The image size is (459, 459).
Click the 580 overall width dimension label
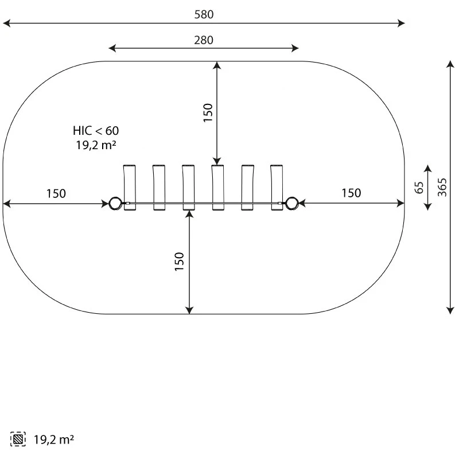(x=204, y=14)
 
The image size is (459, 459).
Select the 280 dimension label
(x=204, y=40)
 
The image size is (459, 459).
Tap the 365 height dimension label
(x=442, y=188)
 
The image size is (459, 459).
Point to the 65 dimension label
(x=419, y=188)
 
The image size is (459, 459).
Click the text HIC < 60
(x=96, y=131)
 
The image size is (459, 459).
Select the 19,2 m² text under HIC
(x=96, y=145)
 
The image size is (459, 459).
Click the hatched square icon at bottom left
(x=18, y=439)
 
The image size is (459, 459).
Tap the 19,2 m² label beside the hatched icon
(x=54, y=439)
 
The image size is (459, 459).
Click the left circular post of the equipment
(x=115, y=203)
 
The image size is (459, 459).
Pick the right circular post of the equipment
(x=291, y=203)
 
